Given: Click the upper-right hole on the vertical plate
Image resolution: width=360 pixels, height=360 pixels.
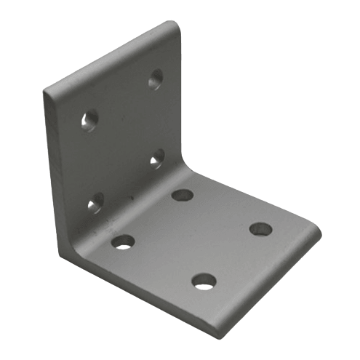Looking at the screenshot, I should (156, 79).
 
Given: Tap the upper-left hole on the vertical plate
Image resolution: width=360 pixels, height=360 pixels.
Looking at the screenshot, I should (89, 119).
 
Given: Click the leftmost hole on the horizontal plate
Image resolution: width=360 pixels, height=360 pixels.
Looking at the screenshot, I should (124, 241).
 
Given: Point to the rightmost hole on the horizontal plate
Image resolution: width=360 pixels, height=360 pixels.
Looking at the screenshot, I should (260, 229).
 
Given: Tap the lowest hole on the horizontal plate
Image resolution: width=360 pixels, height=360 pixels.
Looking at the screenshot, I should (204, 280).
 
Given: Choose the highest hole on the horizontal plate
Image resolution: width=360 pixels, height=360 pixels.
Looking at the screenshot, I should (183, 195).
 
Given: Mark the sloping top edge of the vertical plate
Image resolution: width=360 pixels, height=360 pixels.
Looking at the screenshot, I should (109, 58).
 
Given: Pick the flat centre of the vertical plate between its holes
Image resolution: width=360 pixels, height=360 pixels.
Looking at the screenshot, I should (124, 138).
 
